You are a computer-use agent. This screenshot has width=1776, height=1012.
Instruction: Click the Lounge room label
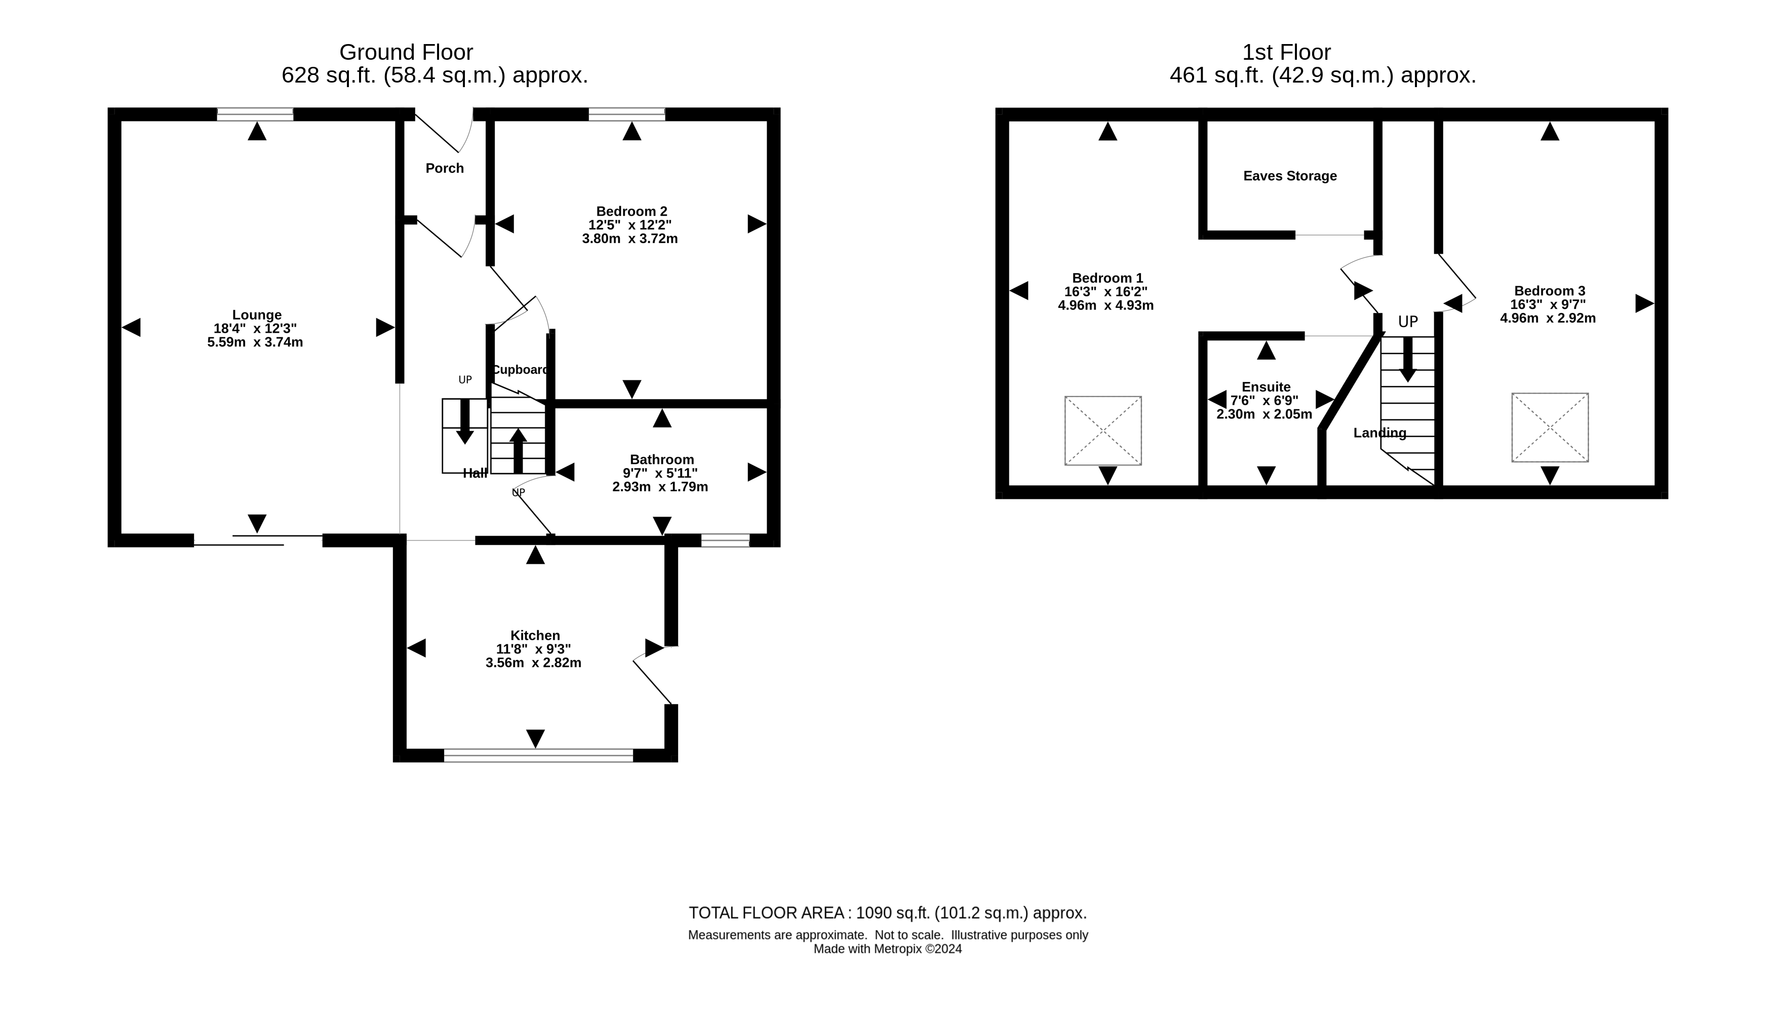[256, 315]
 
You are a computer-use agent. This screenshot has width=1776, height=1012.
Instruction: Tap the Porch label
[445, 168]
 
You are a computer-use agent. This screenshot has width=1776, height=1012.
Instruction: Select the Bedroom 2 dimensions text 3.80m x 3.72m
[629, 239]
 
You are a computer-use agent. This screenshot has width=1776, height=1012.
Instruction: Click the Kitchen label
[535, 635]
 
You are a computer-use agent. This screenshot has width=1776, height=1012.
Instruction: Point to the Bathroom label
[661, 459]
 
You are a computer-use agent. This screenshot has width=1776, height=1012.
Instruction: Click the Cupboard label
[521, 370]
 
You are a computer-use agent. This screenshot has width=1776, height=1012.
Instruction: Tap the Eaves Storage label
[1290, 176]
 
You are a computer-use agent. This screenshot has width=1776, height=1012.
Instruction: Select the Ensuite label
[1266, 387]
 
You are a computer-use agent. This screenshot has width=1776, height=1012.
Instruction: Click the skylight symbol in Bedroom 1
[1102, 431]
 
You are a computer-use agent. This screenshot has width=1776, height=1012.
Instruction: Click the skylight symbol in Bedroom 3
[1550, 427]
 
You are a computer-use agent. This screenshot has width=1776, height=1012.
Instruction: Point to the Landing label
[1380, 433]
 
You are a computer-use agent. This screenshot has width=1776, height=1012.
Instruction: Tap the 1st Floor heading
[1286, 52]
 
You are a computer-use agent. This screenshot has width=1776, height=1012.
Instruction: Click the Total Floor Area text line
[887, 913]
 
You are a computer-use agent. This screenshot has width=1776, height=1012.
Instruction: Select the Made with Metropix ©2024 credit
[887, 949]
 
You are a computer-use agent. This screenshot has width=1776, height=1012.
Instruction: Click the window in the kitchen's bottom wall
[538, 756]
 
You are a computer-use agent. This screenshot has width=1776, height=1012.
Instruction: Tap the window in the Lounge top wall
[255, 114]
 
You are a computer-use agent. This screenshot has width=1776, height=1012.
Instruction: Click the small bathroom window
[725, 540]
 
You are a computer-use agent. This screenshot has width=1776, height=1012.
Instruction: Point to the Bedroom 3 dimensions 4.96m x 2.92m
[1548, 318]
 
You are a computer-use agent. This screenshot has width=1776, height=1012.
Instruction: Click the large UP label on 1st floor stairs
[1408, 322]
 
